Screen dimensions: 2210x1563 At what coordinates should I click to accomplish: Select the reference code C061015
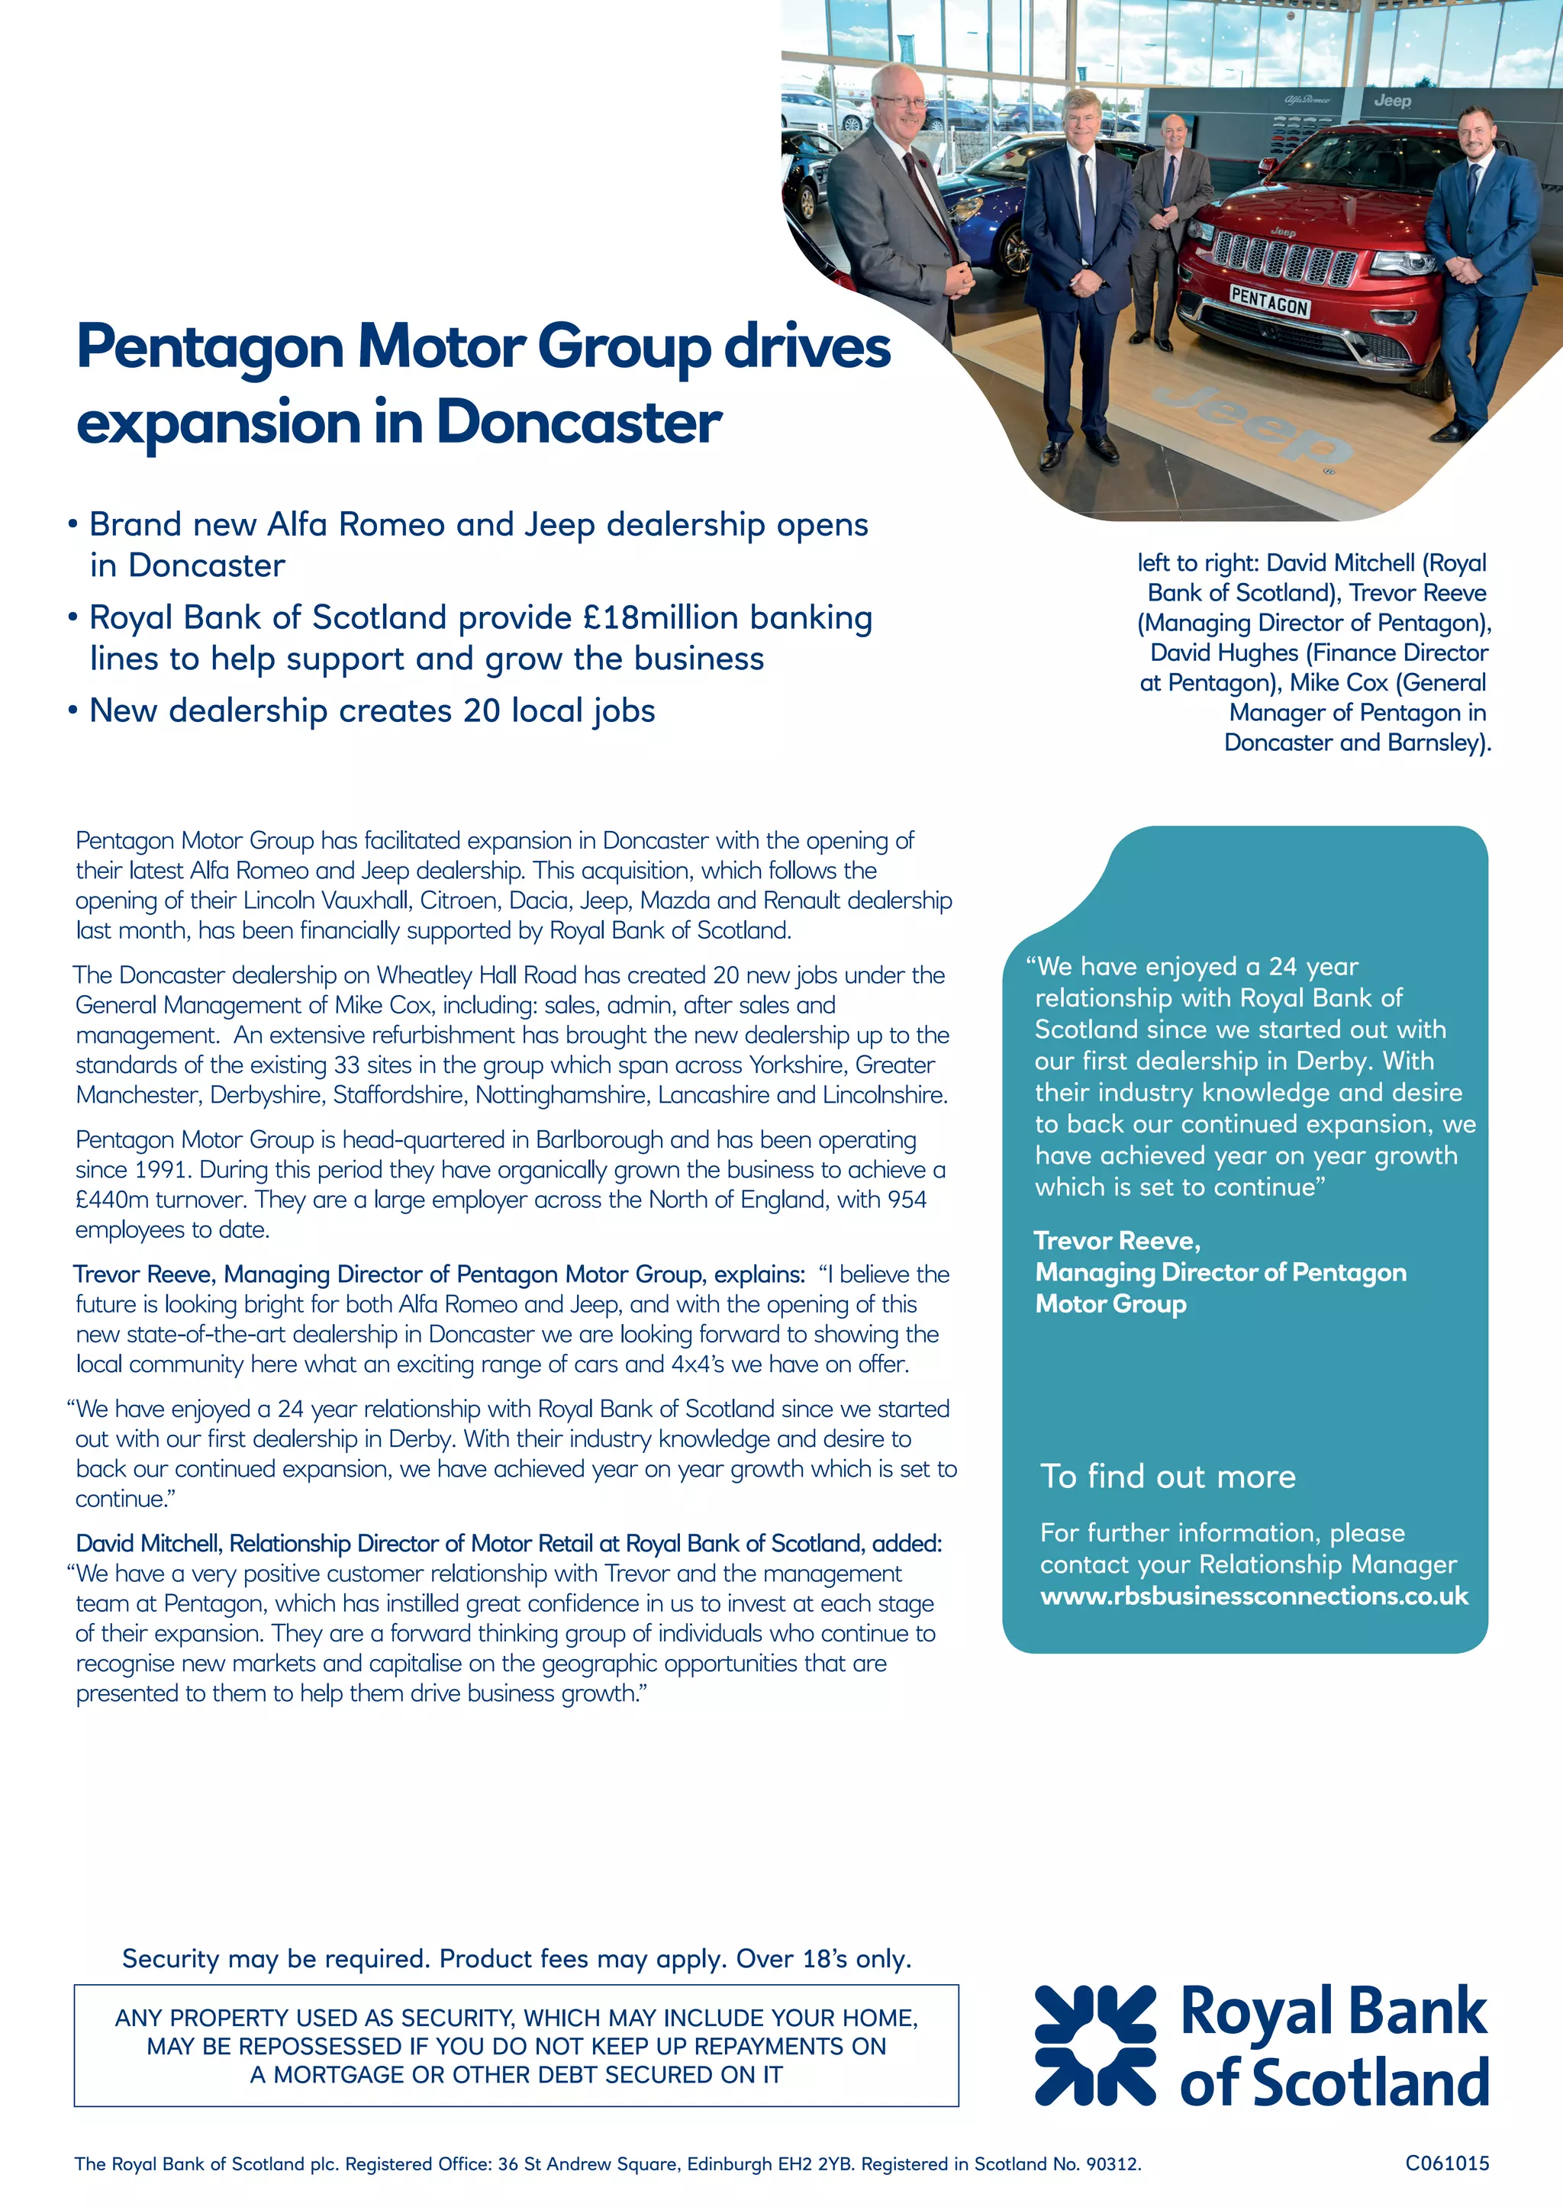(x=1446, y=2163)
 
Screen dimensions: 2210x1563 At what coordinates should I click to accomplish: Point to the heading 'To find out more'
(x=1168, y=1477)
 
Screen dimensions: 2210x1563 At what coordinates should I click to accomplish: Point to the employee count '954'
(x=906, y=1200)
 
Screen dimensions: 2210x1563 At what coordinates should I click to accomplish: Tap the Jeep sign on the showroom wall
(x=1392, y=100)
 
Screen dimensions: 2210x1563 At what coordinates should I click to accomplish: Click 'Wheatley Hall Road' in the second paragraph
(x=476, y=975)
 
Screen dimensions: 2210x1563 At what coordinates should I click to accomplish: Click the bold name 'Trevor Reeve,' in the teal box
(x=1117, y=1241)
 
